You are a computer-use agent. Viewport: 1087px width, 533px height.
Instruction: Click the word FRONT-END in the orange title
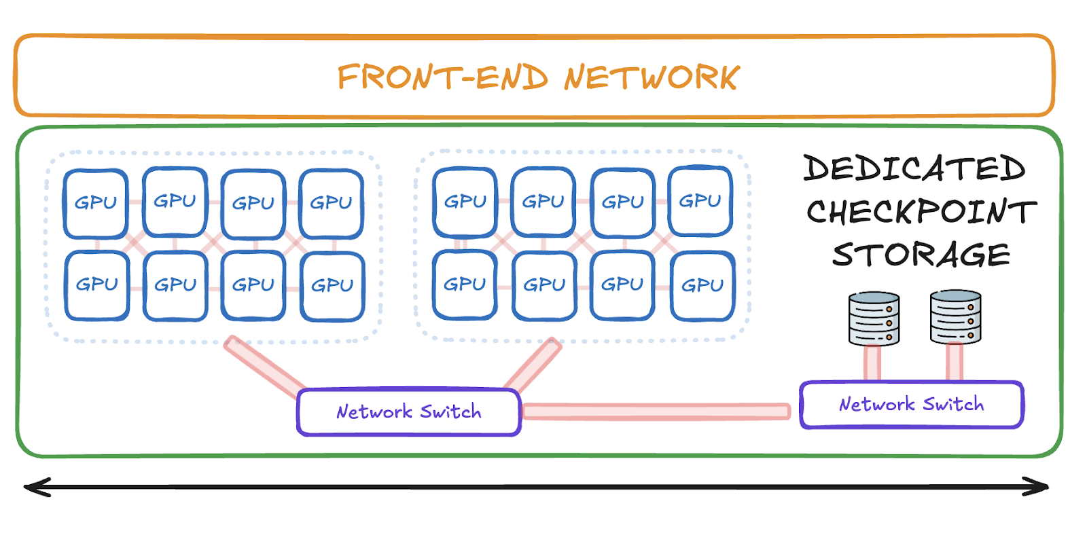pyautogui.click(x=442, y=77)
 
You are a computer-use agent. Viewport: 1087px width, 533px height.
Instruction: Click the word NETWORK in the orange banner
pyautogui.click(x=652, y=77)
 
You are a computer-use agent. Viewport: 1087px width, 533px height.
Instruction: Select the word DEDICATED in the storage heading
pyautogui.click(x=914, y=168)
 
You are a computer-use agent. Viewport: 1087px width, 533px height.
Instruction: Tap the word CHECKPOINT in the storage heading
pyautogui.click(x=921, y=212)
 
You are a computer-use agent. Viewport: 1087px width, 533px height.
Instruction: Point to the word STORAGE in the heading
pyautogui.click(x=921, y=255)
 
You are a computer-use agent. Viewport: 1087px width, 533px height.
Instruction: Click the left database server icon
pyautogui.click(x=874, y=318)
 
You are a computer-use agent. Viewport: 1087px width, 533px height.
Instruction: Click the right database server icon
pyautogui.click(x=955, y=317)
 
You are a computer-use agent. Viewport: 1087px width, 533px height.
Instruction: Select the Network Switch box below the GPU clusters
pyautogui.click(x=409, y=411)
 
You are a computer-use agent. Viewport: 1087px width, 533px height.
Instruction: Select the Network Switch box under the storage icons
pyautogui.click(x=911, y=405)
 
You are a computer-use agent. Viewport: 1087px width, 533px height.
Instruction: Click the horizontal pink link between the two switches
pyautogui.click(x=656, y=411)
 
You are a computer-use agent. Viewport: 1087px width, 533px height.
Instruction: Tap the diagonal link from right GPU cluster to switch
pyautogui.click(x=534, y=367)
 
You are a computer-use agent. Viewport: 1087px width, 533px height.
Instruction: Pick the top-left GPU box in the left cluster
pyautogui.click(x=96, y=203)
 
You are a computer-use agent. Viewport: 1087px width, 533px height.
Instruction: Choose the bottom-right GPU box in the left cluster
pyautogui.click(x=332, y=286)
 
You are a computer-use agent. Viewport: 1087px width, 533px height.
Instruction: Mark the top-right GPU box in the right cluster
pyautogui.click(x=700, y=202)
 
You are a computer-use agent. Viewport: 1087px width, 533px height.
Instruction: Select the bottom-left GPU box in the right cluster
pyautogui.click(x=465, y=284)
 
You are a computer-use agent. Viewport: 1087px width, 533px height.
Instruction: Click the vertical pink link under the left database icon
pyautogui.click(x=873, y=363)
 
